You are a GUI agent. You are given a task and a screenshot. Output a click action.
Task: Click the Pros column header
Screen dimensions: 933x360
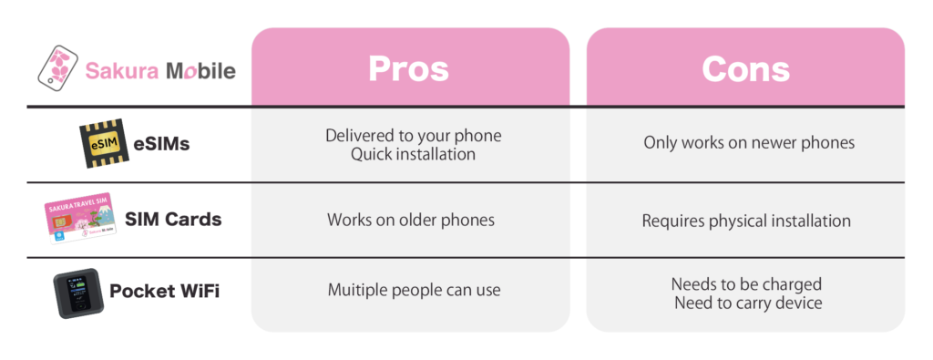click(409, 69)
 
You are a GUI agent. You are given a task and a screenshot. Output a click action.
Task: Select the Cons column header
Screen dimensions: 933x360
click(745, 69)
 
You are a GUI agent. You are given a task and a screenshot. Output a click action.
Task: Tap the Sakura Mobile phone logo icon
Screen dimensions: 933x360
click(57, 67)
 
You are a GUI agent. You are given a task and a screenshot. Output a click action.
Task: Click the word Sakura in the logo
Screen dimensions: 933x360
click(122, 71)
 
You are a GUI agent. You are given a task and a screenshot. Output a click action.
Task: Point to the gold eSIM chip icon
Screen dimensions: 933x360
click(104, 143)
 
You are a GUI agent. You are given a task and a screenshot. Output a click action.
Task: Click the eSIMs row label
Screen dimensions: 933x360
click(161, 143)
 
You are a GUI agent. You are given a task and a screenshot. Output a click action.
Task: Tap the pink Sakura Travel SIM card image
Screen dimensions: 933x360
click(80, 218)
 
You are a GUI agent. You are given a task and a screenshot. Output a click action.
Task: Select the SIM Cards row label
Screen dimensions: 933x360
click(173, 220)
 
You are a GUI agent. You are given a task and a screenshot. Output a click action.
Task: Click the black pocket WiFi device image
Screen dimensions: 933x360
click(78, 293)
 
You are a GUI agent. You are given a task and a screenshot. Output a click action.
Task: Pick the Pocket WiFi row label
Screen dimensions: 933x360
click(165, 292)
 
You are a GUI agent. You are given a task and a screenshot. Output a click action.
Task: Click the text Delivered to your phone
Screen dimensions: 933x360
click(413, 136)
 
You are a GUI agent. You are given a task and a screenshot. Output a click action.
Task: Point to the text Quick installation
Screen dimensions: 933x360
click(413, 155)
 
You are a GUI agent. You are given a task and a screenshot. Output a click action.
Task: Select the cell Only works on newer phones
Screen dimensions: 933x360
click(749, 143)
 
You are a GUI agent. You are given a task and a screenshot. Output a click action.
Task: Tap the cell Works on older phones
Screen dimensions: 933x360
click(411, 221)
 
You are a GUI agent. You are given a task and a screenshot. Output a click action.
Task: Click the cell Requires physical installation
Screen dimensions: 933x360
click(746, 221)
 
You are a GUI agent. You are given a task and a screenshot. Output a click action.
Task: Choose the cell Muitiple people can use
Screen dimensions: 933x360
click(415, 291)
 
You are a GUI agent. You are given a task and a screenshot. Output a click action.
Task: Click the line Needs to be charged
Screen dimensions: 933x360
click(747, 283)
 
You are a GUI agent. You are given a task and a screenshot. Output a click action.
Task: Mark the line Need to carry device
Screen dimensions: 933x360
click(749, 303)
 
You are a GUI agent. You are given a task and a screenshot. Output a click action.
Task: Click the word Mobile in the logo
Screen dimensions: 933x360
click(200, 71)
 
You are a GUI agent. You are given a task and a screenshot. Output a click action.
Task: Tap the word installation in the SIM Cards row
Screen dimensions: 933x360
click(807, 221)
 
